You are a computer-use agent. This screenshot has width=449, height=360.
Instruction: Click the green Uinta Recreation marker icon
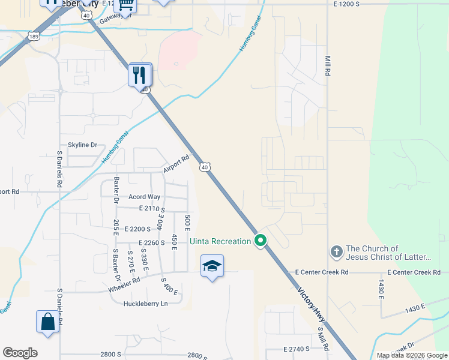pos(261,241)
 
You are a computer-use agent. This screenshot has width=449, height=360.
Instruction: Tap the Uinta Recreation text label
pos(220,241)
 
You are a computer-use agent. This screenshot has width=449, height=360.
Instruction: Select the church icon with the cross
pos(337,253)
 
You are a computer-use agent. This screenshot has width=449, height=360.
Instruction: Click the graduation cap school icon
pos(212,265)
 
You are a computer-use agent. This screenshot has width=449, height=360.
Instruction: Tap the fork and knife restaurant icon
pos(140,75)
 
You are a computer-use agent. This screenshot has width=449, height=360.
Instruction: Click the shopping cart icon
pos(125,5)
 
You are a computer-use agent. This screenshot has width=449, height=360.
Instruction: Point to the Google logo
pos(20,353)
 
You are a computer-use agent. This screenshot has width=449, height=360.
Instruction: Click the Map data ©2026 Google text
pos(412,355)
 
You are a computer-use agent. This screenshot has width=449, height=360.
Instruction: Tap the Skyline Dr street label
pos(82,145)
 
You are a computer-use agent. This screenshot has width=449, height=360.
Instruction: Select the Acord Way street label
pos(145,197)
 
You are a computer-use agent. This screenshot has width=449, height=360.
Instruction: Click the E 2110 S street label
pos(152,208)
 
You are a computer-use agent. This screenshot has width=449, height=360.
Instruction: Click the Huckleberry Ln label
pos(145,304)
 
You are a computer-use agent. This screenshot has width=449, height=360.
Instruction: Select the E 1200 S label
pos(346,4)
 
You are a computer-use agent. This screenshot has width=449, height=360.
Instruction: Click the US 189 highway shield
pos(34,37)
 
